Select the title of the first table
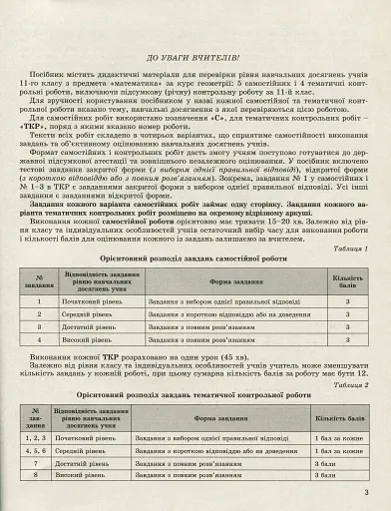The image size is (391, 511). tap(195, 257)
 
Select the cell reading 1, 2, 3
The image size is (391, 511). tap(36, 437)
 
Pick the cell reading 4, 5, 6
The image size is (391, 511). tap(36, 450)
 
